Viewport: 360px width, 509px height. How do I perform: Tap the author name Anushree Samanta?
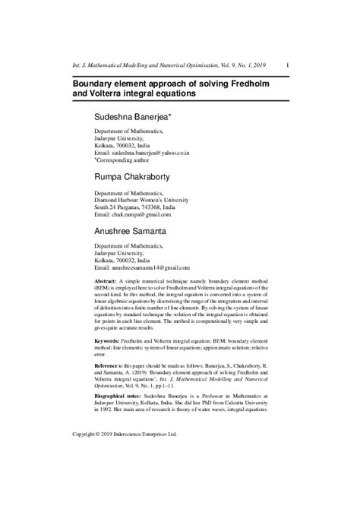tap(137, 229)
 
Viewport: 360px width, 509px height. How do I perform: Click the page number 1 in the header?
tap(286, 67)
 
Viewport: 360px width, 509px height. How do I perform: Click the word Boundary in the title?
tap(98, 82)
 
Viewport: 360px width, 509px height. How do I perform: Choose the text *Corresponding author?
tap(122, 160)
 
